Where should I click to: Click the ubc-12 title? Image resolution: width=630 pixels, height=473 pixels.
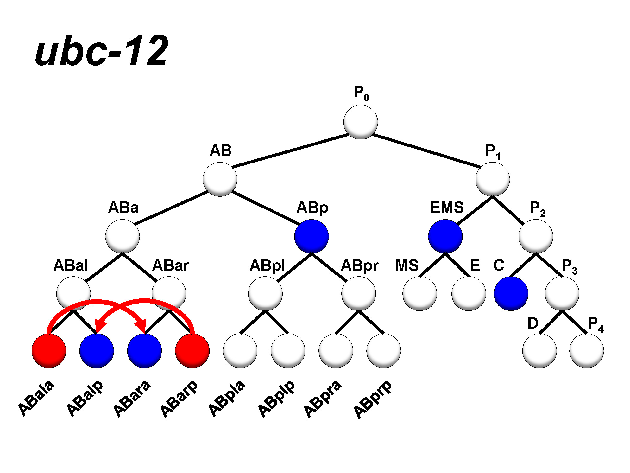[x=102, y=51]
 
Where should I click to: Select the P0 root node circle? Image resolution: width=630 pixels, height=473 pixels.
[x=360, y=122]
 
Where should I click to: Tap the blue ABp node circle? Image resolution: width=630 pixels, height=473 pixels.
[x=312, y=236]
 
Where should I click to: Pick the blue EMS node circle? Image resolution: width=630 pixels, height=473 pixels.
[x=445, y=236]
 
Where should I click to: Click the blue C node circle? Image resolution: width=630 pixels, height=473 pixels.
[x=511, y=293]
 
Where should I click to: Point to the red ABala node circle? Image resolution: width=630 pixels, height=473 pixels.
[x=49, y=351]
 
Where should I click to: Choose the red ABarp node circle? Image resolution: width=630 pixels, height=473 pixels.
[x=192, y=351]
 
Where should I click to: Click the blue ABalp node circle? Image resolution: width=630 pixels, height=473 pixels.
[x=97, y=351]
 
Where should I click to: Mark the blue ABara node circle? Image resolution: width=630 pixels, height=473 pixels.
[x=144, y=351]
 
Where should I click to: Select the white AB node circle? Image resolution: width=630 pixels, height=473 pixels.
[x=220, y=179]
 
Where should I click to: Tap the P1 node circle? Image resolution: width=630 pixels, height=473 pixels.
[x=492, y=179]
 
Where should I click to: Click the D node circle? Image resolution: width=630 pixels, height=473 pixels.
[x=539, y=351]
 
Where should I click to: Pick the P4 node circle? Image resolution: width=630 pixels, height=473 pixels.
[x=586, y=351]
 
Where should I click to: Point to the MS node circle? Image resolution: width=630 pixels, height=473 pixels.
[x=419, y=293]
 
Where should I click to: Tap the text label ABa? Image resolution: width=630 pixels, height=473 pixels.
[x=123, y=208]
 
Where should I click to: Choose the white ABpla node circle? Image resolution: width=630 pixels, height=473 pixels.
[x=240, y=351]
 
